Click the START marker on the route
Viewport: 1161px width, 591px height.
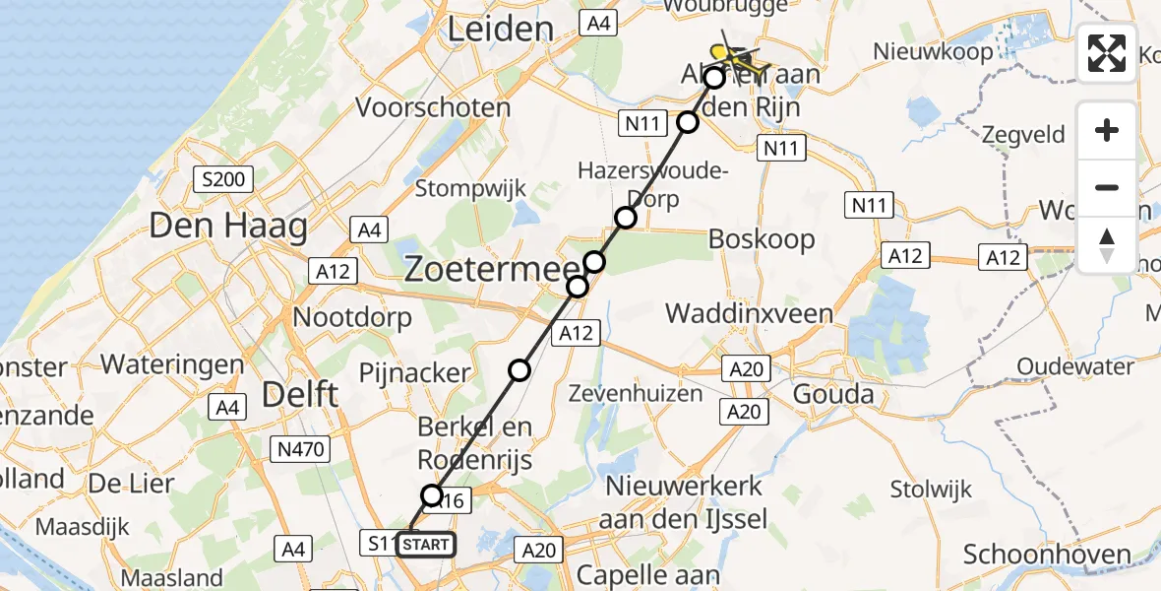tap(426, 544)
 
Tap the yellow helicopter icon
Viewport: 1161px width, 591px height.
tap(732, 49)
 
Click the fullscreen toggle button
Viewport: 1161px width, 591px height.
tap(1107, 52)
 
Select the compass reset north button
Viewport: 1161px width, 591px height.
tap(1107, 245)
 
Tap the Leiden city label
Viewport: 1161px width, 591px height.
tap(499, 30)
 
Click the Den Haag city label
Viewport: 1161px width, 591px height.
tap(228, 227)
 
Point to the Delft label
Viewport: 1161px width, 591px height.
tap(300, 395)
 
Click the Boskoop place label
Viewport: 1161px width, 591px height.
tap(762, 238)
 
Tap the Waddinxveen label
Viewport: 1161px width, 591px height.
tap(749, 314)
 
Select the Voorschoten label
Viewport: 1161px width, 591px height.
tap(433, 107)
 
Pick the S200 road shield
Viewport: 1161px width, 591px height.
tap(224, 180)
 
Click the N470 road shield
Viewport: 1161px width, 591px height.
tap(299, 449)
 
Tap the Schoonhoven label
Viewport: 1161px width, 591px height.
tap(1047, 555)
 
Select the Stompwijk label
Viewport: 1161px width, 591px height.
tap(471, 187)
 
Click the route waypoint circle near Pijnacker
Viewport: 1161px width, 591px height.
tap(519, 370)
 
